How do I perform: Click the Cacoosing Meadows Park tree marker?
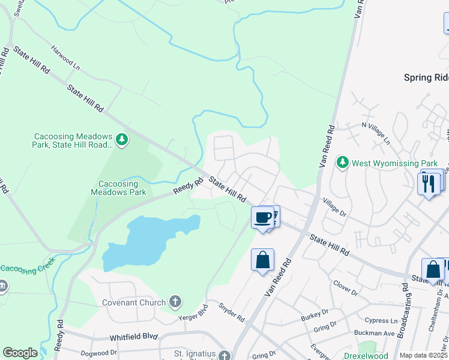(122, 140)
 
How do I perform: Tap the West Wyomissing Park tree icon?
(343, 163)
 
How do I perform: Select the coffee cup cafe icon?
(262, 217)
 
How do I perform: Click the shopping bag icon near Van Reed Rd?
(262, 260)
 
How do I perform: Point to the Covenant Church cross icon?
(175, 302)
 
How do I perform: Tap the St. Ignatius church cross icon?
(224, 356)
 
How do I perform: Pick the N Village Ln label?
(376, 133)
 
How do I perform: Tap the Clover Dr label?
(345, 289)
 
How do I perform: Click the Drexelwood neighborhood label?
(382, 356)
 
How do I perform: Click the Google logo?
(20, 353)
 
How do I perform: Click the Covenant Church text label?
(133, 302)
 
